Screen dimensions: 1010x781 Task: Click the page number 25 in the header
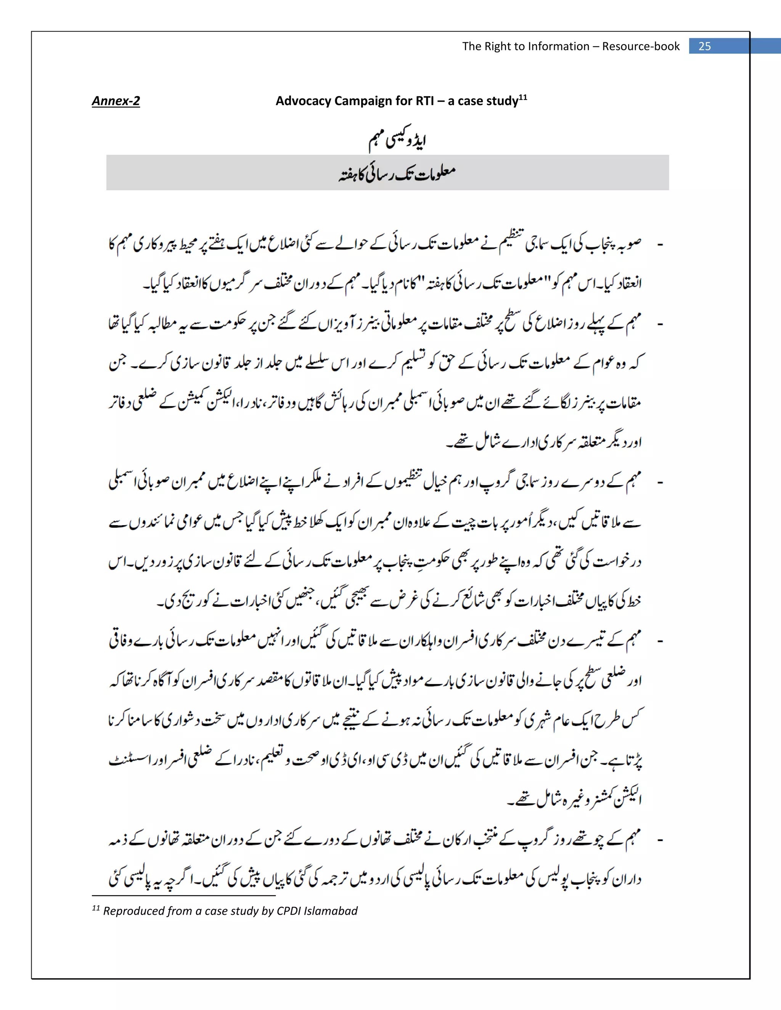tap(704, 46)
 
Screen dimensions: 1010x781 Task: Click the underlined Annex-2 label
tap(116, 101)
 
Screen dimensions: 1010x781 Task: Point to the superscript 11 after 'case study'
tap(523, 97)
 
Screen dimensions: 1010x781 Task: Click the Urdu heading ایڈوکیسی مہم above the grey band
tap(397, 140)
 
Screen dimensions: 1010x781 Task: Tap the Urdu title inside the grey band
tap(397, 173)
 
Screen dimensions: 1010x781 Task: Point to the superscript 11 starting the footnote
tap(96, 908)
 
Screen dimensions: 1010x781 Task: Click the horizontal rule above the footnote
tap(184, 896)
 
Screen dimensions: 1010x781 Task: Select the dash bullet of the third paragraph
tap(660, 483)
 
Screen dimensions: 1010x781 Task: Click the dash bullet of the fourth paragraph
tap(660, 641)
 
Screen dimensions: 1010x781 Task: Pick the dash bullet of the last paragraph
tap(660, 840)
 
